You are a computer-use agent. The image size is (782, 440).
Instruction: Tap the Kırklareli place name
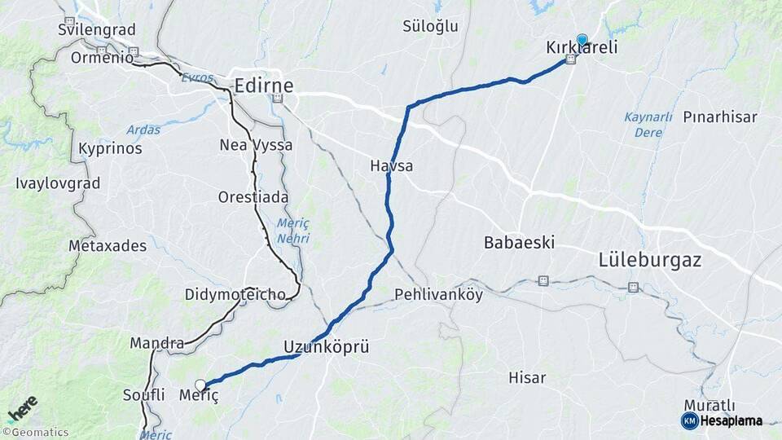tap(582, 48)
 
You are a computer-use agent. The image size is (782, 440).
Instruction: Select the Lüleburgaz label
tap(649, 261)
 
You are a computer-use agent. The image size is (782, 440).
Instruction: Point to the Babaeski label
tap(519, 242)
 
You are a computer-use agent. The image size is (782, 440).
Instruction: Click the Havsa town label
tap(392, 166)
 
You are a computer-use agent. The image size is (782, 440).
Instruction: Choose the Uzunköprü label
tap(327, 347)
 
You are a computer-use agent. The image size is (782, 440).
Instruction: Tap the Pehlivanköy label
tap(438, 294)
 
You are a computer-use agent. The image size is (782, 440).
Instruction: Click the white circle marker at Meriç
tap(200, 385)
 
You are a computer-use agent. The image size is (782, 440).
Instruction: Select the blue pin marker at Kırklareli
tap(582, 38)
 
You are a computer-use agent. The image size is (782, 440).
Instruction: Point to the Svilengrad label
tap(94, 30)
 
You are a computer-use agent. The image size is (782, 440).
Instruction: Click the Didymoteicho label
tap(235, 294)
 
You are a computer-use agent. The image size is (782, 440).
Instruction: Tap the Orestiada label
tap(250, 197)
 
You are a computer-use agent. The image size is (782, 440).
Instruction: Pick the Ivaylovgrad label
tap(58, 183)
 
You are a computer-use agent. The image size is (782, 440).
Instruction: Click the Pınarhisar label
tap(720, 117)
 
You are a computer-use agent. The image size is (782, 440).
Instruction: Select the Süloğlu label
tap(431, 26)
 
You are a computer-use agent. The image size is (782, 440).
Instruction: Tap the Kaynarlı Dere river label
tap(648, 124)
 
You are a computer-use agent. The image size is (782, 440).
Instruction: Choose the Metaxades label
tap(108, 245)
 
